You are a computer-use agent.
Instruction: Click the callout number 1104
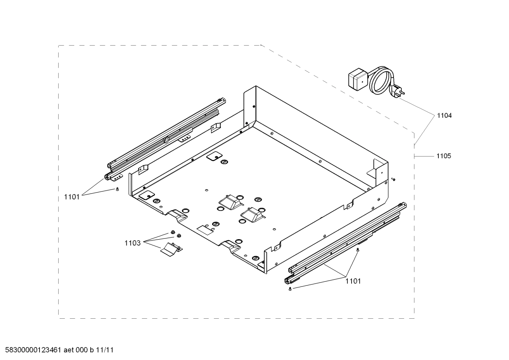coord(444,116)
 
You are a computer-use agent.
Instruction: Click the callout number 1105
coord(443,156)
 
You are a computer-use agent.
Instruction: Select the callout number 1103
coord(132,243)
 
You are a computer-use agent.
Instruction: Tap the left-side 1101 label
coord(72,197)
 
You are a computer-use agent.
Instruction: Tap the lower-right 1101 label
coord(353,281)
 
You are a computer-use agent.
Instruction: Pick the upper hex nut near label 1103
coord(173,232)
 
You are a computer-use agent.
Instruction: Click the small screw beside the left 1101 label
coord(117,190)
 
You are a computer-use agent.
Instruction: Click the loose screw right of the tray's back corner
coord(393,179)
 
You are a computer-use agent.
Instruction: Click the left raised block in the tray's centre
coord(229,202)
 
